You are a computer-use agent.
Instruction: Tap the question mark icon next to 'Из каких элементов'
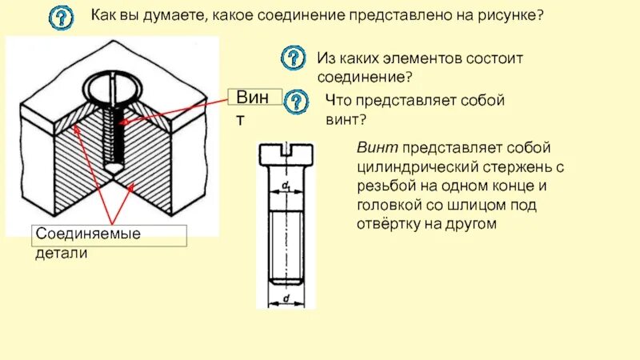(x=294, y=58)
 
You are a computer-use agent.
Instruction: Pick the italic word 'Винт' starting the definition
(x=377, y=148)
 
